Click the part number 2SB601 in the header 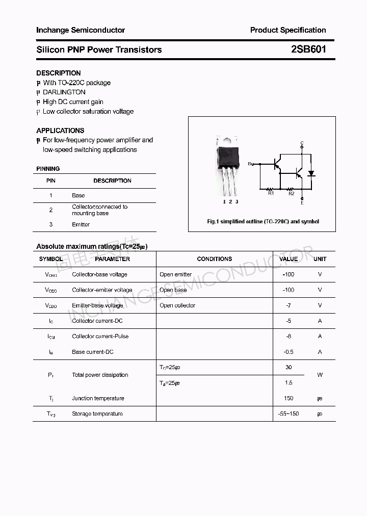[x=309, y=49]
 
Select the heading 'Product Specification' [x=288, y=30]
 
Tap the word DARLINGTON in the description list [x=64, y=92]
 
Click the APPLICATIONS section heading [x=60, y=131]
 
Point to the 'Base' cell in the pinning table [x=78, y=195]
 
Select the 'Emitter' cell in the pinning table [x=81, y=224]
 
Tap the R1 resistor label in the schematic [x=271, y=193]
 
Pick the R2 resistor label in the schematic [x=291, y=193]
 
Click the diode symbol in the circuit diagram [x=311, y=173]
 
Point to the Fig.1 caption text [x=263, y=222]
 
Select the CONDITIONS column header [x=214, y=259]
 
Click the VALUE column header [x=289, y=259]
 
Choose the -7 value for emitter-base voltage [x=289, y=305]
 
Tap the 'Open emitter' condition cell [x=175, y=274]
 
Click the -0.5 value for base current [x=289, y=352]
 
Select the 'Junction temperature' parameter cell [x=98, y=398]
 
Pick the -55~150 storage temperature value [x=289, y=414]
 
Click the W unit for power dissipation [x=320, y=375]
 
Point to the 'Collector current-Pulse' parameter [x=100, y=337]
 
